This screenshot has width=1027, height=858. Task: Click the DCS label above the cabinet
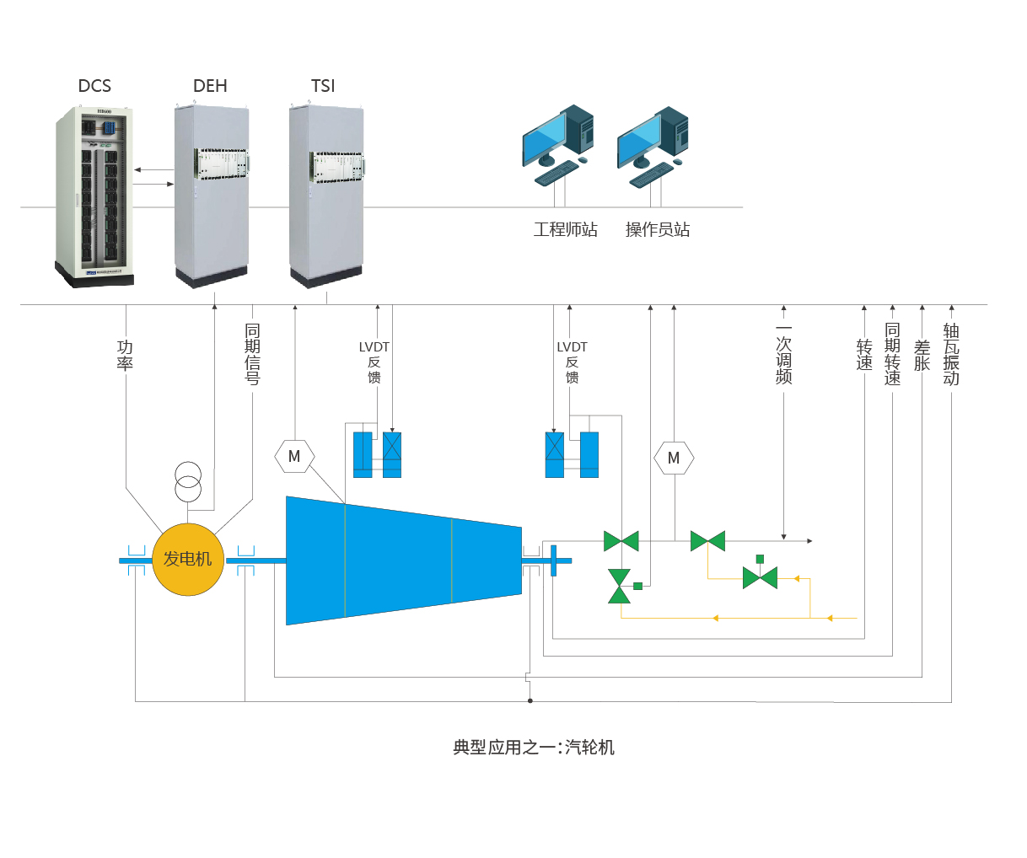point(94,86)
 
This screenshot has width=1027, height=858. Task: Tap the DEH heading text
point(210,86)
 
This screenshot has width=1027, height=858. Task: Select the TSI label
point(323,86)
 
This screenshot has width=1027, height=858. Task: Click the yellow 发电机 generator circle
point(188,559)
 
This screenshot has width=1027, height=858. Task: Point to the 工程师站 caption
point(565,229)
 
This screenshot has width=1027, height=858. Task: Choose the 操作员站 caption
point(658,229)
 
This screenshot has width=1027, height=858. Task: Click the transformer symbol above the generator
point(188,482)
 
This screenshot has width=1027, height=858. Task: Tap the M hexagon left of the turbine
point(294,457)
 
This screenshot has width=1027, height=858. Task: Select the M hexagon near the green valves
point(674,458)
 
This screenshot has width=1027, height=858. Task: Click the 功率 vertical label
point(125,355)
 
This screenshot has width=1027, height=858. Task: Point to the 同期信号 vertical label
point(252,354)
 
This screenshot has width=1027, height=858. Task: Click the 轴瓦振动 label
point(951,354)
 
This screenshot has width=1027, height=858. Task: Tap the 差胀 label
point(922,355)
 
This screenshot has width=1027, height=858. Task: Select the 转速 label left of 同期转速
point(864,355)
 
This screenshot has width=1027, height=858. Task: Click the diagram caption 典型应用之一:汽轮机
point(534,748)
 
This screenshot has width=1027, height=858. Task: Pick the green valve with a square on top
point(760,576)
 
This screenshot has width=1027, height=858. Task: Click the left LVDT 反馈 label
point(374,362)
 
